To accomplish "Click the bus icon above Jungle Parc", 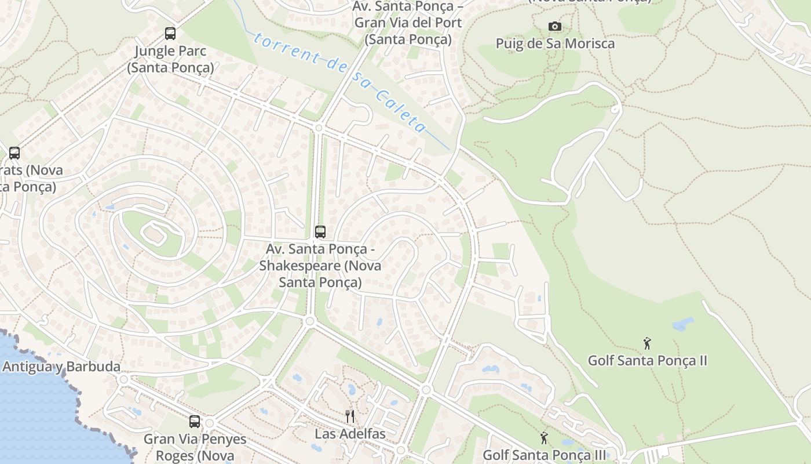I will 170,34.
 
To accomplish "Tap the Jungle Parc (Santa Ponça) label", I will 170,59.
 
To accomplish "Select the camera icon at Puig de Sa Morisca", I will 555,27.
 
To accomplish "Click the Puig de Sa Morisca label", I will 555,43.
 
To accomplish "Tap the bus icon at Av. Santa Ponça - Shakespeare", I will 320,232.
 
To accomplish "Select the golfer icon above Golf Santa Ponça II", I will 647,343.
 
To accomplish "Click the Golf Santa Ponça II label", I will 647,361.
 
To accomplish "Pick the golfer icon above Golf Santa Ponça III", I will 544,438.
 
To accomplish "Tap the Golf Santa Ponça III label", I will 544,455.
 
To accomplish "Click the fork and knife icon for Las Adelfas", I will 349,416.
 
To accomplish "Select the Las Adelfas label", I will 350,433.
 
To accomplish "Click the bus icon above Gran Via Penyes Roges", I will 195,422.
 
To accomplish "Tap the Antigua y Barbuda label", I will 61,367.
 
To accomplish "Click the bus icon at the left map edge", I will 14,153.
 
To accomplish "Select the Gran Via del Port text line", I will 408,23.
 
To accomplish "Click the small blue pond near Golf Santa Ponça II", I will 683,322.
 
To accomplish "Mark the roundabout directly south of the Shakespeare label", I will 309,321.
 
